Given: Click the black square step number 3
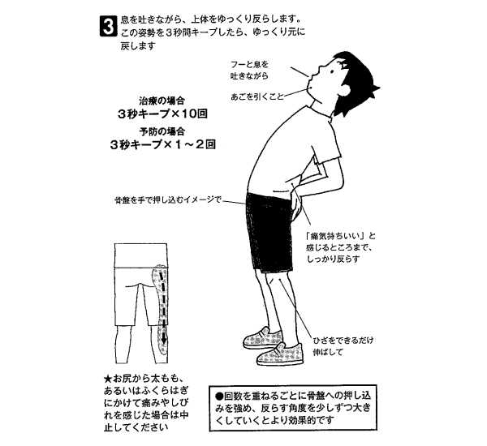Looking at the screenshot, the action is click(109, 27).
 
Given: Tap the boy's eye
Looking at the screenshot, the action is click(331, 71).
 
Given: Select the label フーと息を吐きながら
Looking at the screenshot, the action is click(249, 70).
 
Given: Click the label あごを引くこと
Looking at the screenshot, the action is click(257, 96).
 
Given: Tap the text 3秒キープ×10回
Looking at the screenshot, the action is click(162, 114).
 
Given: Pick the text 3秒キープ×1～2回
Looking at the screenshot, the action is click(162, 144).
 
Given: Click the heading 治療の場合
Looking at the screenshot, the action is click(162, 101).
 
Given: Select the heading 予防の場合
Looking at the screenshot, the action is click(162, 131).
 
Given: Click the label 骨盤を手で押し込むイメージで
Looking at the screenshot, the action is click(168, 199).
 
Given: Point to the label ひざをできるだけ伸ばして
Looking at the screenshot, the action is click(343, 346).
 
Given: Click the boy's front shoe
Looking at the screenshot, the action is click(280, 354).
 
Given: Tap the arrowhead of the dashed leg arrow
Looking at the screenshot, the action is click(164, 341).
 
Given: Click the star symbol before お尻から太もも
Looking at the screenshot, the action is click(108, 379).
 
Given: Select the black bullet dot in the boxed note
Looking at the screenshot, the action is click(219, 397).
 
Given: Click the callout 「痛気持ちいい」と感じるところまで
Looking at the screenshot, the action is click(340, 242).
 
